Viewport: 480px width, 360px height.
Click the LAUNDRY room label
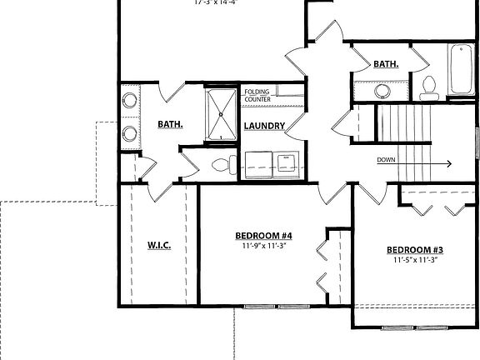265,127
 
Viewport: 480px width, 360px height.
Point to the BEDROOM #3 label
414,250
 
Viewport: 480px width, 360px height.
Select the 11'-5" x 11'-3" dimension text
414,261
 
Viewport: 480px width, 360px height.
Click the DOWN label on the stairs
386,160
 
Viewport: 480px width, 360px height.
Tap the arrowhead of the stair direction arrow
448,164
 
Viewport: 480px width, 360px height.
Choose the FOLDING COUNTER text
257,96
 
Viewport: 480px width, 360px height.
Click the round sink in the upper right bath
382,90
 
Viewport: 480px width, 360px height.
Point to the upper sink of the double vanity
129,102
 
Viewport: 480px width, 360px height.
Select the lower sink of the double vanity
129,132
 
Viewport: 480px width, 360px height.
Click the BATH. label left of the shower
170,125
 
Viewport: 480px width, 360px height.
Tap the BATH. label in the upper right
386,64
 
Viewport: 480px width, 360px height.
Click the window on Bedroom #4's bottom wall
276,307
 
